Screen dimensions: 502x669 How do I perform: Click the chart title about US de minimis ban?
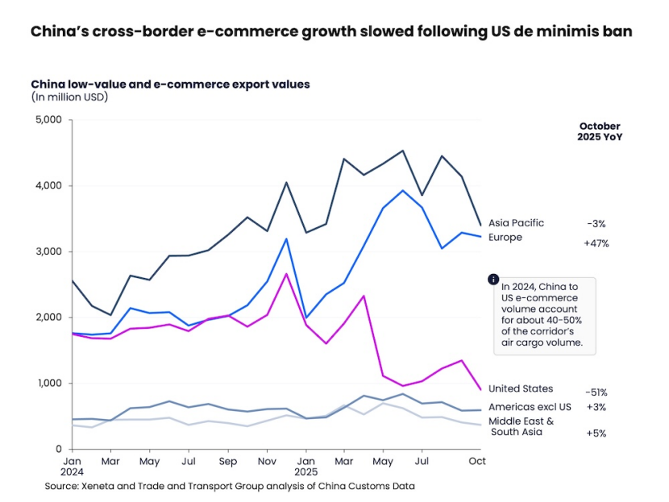coord(330,32)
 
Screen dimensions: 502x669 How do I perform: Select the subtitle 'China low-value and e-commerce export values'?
coord(170,84)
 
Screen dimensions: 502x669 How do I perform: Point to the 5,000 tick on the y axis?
coord(49,120)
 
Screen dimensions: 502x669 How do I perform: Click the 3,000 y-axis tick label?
coord(49,251)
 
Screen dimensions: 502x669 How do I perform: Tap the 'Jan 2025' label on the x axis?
coord(305,467)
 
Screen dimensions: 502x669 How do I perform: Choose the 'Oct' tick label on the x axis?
coord(478,461)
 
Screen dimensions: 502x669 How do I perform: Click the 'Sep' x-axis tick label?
coord(227,461)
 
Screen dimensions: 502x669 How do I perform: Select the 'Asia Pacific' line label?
coord(516,223)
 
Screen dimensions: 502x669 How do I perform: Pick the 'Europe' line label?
coord(505,238)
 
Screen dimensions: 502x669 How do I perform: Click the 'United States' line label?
coord(521,389)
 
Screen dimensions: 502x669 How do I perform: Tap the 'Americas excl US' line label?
coord(530,407)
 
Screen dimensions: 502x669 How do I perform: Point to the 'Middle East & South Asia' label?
coord(521,426)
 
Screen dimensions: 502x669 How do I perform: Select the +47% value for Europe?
coord(596,243)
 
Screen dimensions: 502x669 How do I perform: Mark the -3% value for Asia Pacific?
coord(596,223)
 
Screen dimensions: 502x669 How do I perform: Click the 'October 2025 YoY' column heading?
coord(600,131)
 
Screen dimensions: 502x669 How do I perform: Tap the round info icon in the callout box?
coord(493,279)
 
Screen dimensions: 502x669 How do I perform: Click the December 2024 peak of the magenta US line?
coord(286,274)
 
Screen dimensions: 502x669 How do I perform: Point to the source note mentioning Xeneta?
coord(230,486)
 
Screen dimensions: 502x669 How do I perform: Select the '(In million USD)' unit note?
coord(69,97)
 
